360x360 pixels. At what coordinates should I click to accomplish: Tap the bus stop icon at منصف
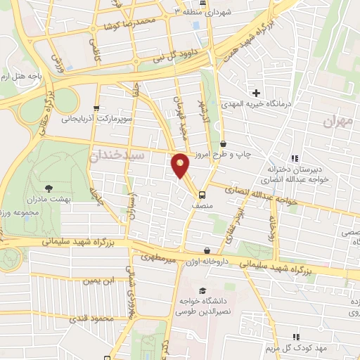(202, 195)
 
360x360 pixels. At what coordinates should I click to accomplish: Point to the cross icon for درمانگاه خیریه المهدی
(257, 93)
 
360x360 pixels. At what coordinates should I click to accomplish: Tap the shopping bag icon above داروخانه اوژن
(207, 250)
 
